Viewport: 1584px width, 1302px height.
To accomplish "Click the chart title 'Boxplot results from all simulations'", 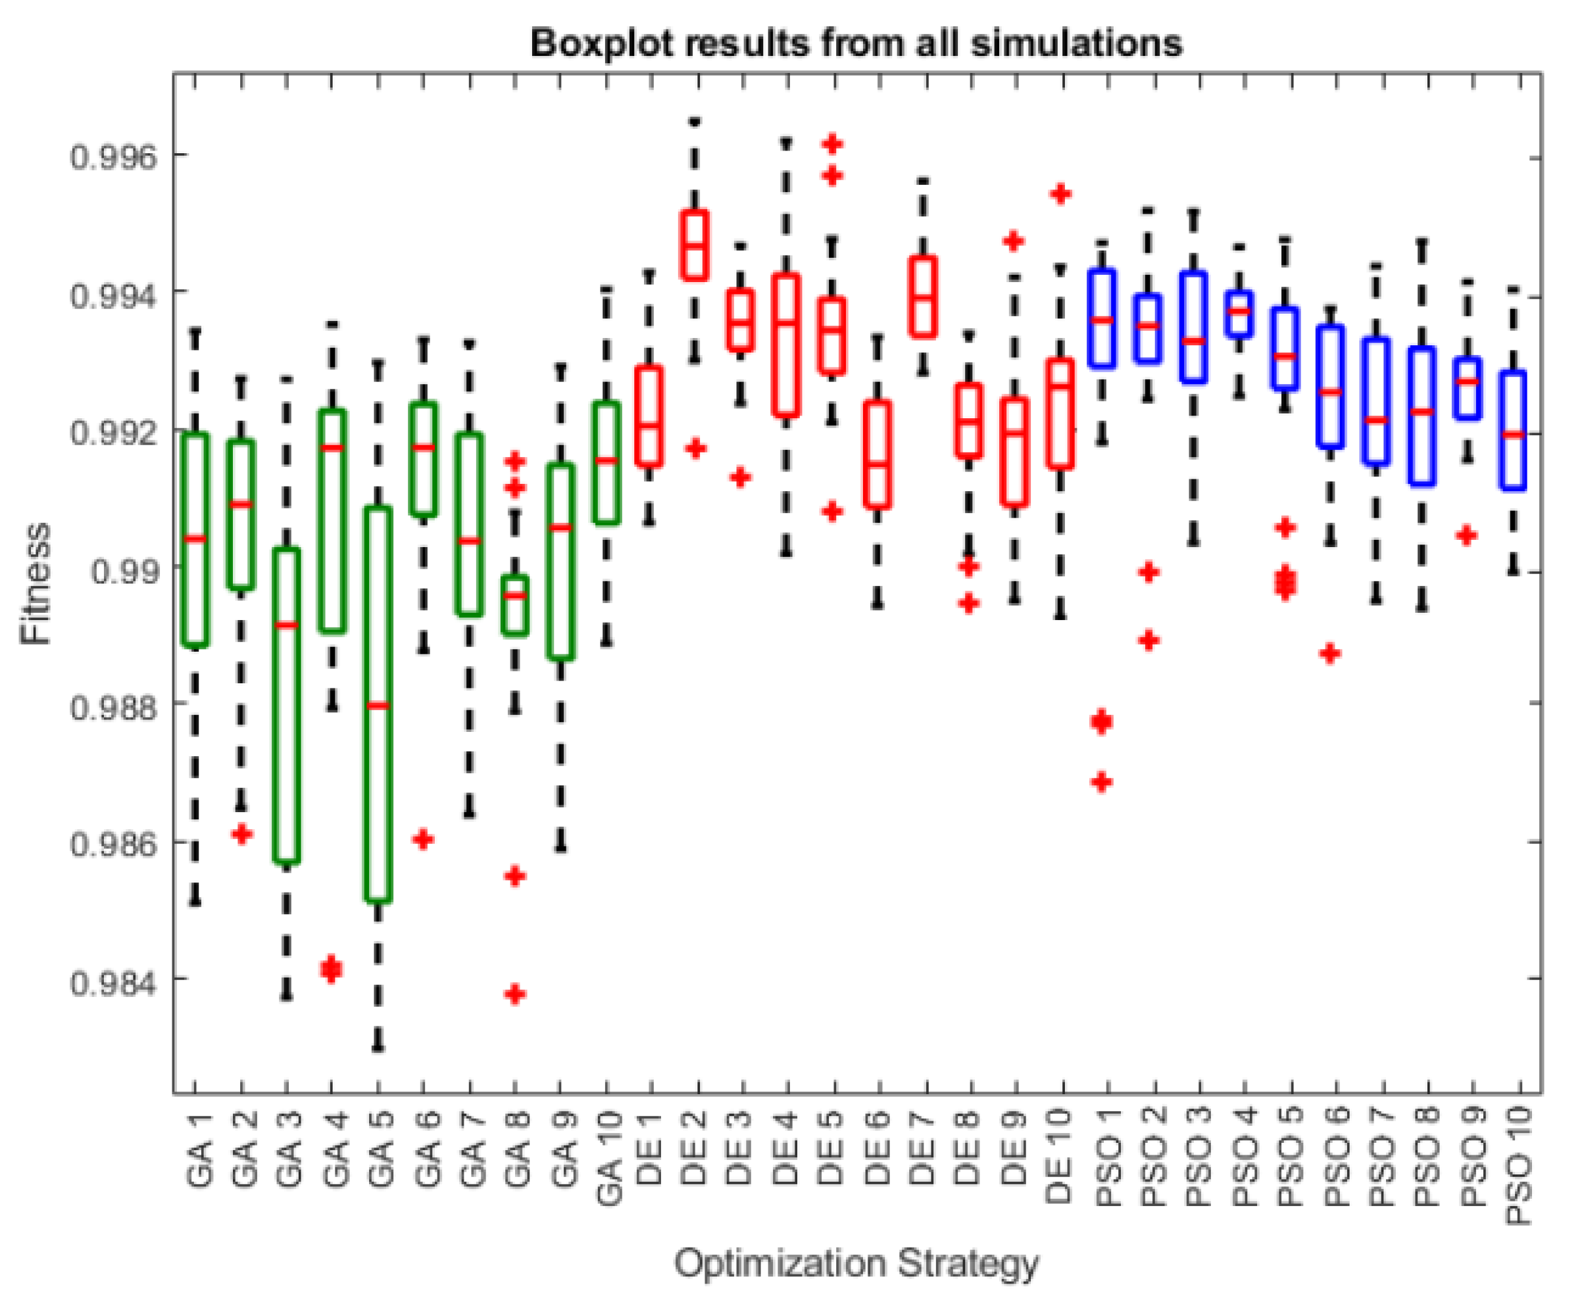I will [855, 43].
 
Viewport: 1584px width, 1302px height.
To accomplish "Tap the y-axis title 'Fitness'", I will [36, 583].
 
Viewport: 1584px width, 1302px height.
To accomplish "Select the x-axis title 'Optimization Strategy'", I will [855, 1263].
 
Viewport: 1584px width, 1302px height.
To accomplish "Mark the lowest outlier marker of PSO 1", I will [1101, 783].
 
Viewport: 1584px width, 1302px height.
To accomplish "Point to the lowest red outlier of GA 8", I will [515, 994].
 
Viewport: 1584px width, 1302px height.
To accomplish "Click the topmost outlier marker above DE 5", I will [831, 143].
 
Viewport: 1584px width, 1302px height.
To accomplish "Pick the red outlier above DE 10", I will [1060, 194].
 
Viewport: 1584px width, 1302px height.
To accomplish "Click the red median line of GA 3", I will [286, 624].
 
